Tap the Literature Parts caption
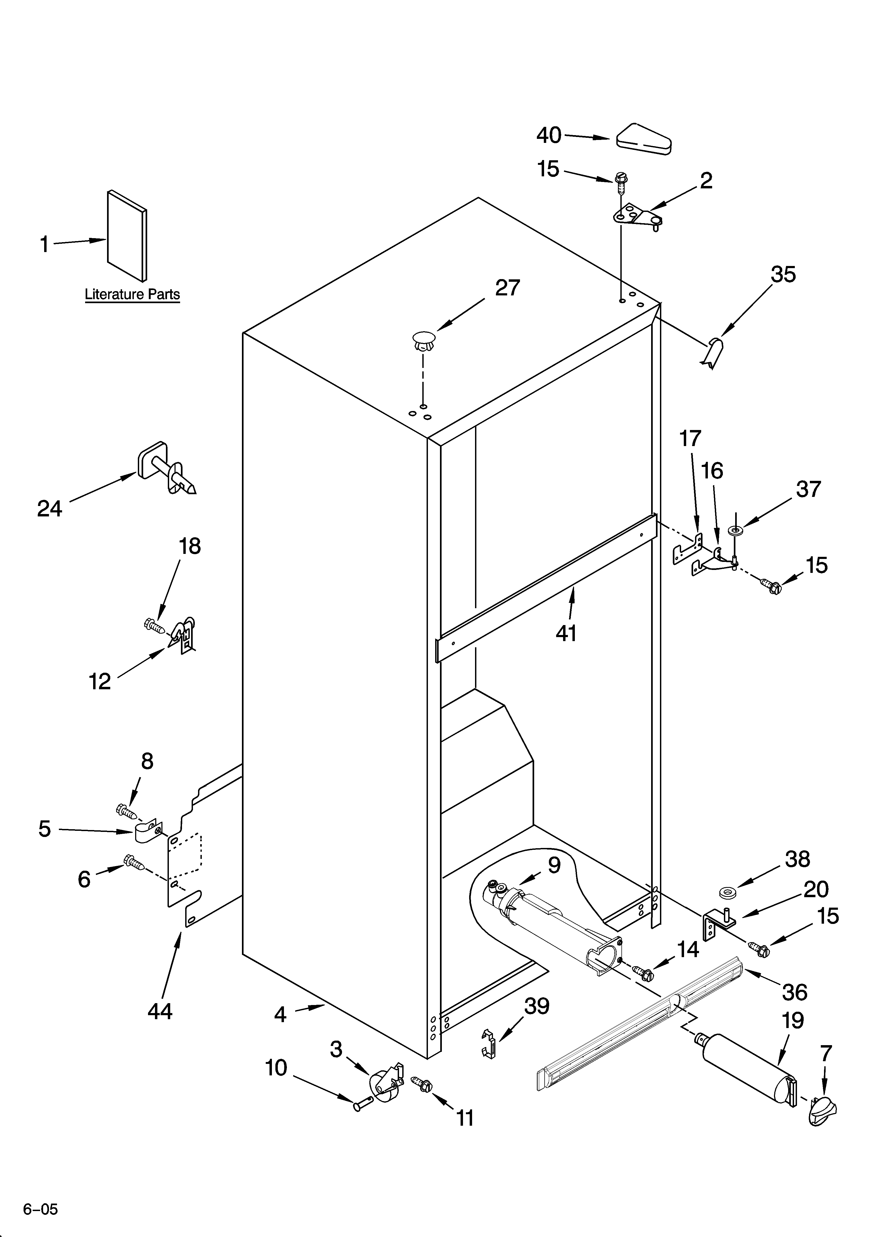click(x=132, y=295)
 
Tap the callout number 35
click(x=783, y=274)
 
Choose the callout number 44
click(x=160, y=1011)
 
